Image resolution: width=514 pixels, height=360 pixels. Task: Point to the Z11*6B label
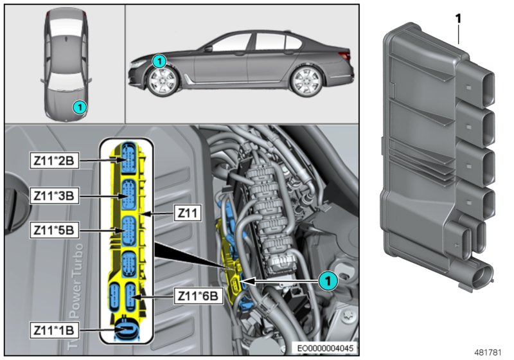(x=197, y=296)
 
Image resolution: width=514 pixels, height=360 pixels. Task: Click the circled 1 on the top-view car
(x=78, y=107)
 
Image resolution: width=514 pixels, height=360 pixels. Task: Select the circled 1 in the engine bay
(x=328, y=280)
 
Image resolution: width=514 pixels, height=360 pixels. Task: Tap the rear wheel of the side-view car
(x=305, y=82)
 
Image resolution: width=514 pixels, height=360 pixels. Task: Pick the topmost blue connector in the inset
(x=129, y=156)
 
